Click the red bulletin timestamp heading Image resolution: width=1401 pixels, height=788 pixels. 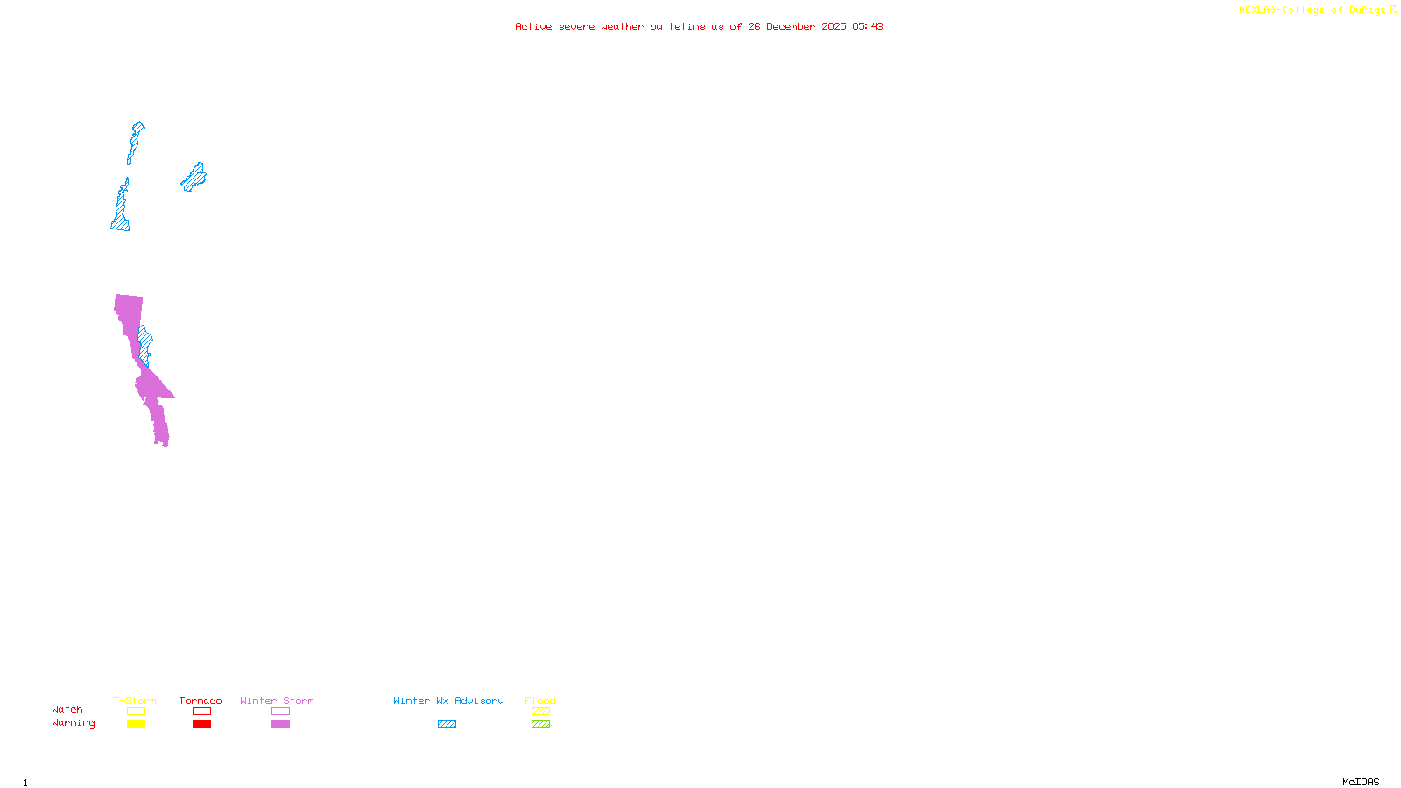[699, 26]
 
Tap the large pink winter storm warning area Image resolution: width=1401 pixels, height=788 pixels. [129, 315]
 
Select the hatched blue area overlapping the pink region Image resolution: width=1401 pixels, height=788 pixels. [145, 344]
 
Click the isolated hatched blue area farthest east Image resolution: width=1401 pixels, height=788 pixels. [194, 177]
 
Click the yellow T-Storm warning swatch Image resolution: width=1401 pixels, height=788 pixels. [136, 724]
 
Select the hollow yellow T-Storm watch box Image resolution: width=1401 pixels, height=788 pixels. [136, 712]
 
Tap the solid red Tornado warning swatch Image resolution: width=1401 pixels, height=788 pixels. [201, 724]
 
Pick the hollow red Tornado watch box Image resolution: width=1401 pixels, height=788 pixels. [201, 712]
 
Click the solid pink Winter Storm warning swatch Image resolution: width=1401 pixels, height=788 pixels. [280, 724]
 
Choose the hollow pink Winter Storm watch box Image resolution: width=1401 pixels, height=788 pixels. [280, 712]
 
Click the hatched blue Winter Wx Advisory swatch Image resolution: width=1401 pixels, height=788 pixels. [447, 724]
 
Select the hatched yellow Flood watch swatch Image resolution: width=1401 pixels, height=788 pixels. [540, 712]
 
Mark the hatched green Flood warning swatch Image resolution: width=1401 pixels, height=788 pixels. [540, 724]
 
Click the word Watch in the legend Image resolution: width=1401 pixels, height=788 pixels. [67, 709]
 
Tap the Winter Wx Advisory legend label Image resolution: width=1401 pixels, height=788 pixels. [448, 700]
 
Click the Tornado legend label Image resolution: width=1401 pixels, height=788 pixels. [201, 700]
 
